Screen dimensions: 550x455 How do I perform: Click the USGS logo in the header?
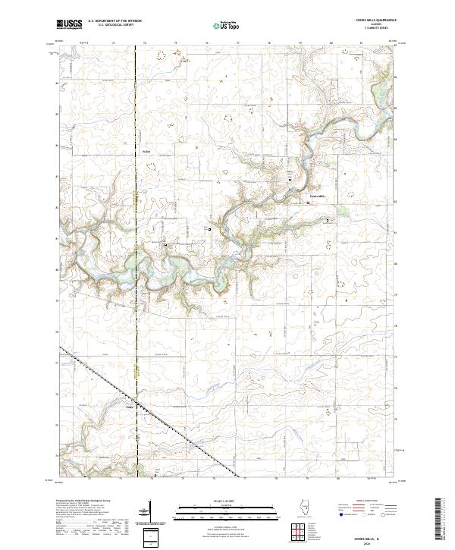(x=70, y=24)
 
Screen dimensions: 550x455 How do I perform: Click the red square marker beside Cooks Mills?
(x=308, y=203)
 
